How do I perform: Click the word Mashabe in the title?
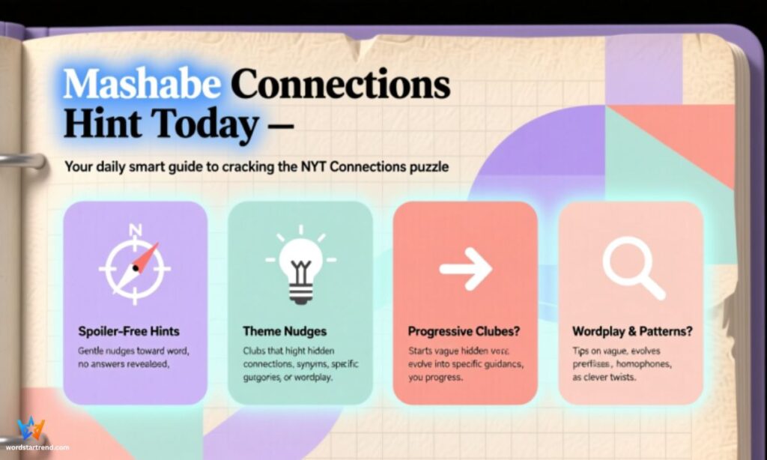tap(142, 84)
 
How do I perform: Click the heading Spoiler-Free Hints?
tap(129, 330)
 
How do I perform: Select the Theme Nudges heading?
tap(285, 330)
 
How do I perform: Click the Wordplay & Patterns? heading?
tap(631, 330)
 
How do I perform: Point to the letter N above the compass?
tap(135, 230)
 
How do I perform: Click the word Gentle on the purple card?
tap(92, 351)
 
